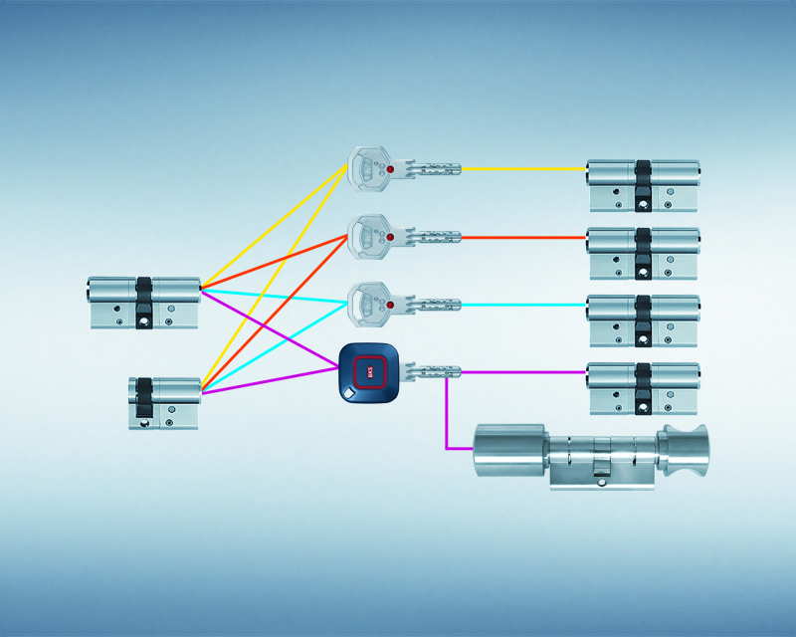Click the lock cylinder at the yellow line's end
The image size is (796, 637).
[x=643, y=185]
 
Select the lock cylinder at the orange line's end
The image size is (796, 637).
[x=643, y=253]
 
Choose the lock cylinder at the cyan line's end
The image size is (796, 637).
[x=643, y=319]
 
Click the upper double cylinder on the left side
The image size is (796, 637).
[x=144, y=303]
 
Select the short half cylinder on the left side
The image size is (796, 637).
[x=164, y=402]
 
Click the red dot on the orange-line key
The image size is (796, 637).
[x=390, y=238]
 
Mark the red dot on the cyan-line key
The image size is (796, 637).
[x=390, y=304]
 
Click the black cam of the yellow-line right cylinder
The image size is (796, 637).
[x=643, y=183]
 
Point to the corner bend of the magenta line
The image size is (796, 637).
[x=447, y=448]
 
